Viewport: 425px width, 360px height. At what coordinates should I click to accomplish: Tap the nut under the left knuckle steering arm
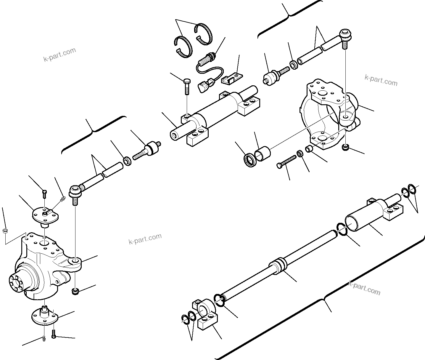(x=75, y=292)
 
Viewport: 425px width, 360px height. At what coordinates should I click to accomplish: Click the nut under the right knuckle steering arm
(x=345, y=147)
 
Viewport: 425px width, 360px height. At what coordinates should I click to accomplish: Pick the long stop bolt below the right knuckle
(x=286, y=162)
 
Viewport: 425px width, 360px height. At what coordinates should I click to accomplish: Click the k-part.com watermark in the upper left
(x=59, y=55)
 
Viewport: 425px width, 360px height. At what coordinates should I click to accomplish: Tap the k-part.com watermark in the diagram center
(x=145, y=239)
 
